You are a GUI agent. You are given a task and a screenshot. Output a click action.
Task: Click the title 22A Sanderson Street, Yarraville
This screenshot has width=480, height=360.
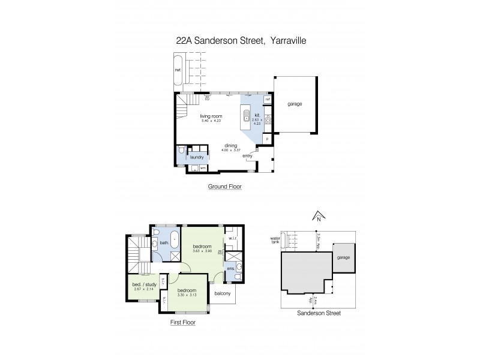(x=240, y=41)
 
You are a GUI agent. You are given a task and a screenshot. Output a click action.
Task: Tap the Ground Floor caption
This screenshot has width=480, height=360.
(x=224, y=187)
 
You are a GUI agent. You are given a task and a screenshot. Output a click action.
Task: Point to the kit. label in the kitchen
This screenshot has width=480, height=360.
(x=257, y=115)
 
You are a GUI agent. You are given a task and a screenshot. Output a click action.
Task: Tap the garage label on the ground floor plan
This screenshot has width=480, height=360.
(x=295, y=104)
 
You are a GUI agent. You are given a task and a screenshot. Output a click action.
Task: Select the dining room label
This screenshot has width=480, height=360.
(x=231, y=145)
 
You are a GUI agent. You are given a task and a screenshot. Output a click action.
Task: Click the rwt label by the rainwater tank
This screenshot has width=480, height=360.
(x=178, y=70)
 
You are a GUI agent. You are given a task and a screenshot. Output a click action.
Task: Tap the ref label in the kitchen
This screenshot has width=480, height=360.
(x=268, y=99)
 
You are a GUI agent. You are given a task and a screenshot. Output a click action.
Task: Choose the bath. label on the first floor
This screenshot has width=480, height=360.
(x=164, y=243)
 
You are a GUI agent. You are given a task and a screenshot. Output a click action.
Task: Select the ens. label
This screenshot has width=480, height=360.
(x=231, y=269)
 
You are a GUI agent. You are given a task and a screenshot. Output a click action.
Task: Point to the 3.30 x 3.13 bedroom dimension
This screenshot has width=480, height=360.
(x=188, y=295)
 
